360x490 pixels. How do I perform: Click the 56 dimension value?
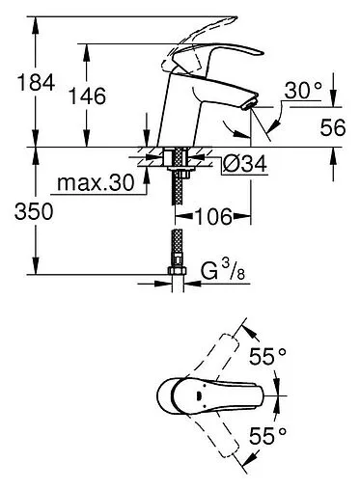pyautogui.click(x=332, y=125)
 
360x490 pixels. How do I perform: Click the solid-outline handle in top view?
pyautogui.click(x=208, y=396)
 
